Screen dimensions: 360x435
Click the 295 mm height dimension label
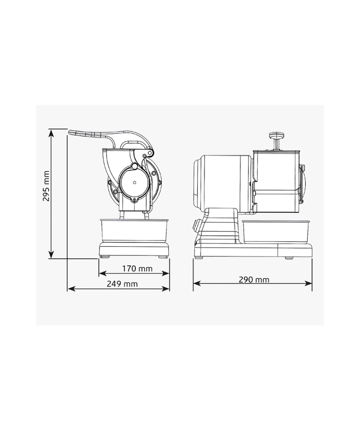coord(46,186)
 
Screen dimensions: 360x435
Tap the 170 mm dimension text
coord(137,269)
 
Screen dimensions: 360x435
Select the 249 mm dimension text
coord(122,284)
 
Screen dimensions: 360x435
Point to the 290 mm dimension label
coord(254,280)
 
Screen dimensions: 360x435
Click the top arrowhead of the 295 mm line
coord(51,133)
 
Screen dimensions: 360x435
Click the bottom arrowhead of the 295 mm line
coord(51,255)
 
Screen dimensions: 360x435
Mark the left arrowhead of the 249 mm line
coord(71,289)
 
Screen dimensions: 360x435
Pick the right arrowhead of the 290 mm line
coord(308,283)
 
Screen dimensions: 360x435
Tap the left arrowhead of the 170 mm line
coord(103,273)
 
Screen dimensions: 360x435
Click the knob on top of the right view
coord(277,135)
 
